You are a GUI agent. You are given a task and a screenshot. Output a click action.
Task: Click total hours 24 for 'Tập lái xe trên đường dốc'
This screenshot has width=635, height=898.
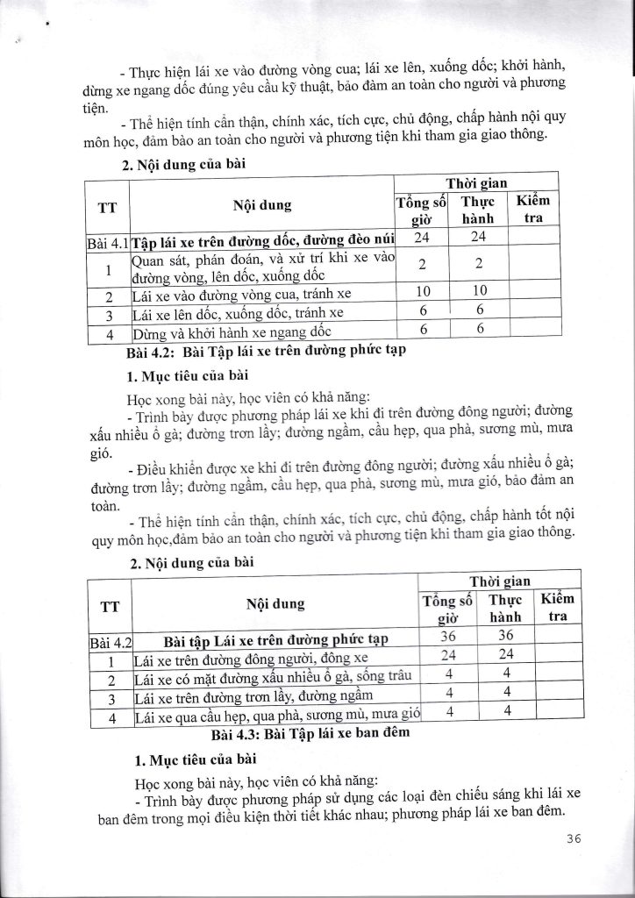coord(421,238)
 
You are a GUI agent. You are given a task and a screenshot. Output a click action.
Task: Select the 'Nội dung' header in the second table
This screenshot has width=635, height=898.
coord(274,604)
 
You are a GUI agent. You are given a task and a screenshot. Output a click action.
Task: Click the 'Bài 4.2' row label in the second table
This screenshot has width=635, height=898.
coord(111,641)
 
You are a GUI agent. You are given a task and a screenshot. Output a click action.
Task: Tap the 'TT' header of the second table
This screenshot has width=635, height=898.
coord(111,604)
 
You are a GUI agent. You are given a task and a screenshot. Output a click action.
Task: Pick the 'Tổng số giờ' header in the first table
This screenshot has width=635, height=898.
coord(422,210)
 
